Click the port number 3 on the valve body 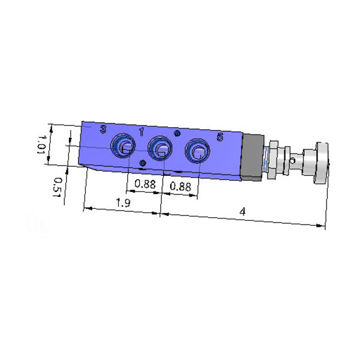[103, 130]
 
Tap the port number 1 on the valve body [142, 132]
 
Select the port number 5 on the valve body [220, 137]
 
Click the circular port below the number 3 [123, 146]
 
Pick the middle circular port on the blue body [160, 148]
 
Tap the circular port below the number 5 [197, 151]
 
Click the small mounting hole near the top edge [177, 133]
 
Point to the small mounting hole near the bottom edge [143, 163]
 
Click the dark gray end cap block [252, 157]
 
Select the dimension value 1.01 [42, 145]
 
